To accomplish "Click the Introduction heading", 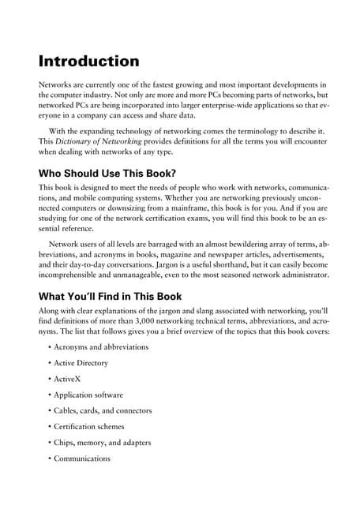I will click(x=89, y=61).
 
